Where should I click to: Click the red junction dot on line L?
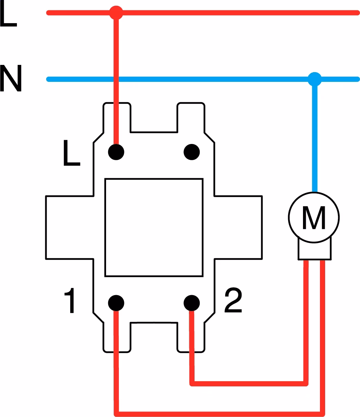[116, 13]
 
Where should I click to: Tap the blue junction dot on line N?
[315, 79]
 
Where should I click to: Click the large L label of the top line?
[8, 13]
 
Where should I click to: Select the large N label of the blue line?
[11, 78]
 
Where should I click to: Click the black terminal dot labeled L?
[116, 152]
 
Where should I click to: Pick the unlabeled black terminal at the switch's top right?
[192, 152]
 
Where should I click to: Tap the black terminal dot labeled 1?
[116, 303]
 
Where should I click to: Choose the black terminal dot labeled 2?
[192, 303]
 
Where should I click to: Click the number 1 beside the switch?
[70, 300]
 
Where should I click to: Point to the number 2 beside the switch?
[233, 300]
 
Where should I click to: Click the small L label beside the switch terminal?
[72, 153]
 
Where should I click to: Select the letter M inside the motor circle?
[314, 218]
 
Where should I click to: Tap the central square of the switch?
[154, 227]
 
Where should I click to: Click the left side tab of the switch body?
[70, 227]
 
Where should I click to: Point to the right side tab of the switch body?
[238, 227]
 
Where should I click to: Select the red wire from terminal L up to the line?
[116, 82]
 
